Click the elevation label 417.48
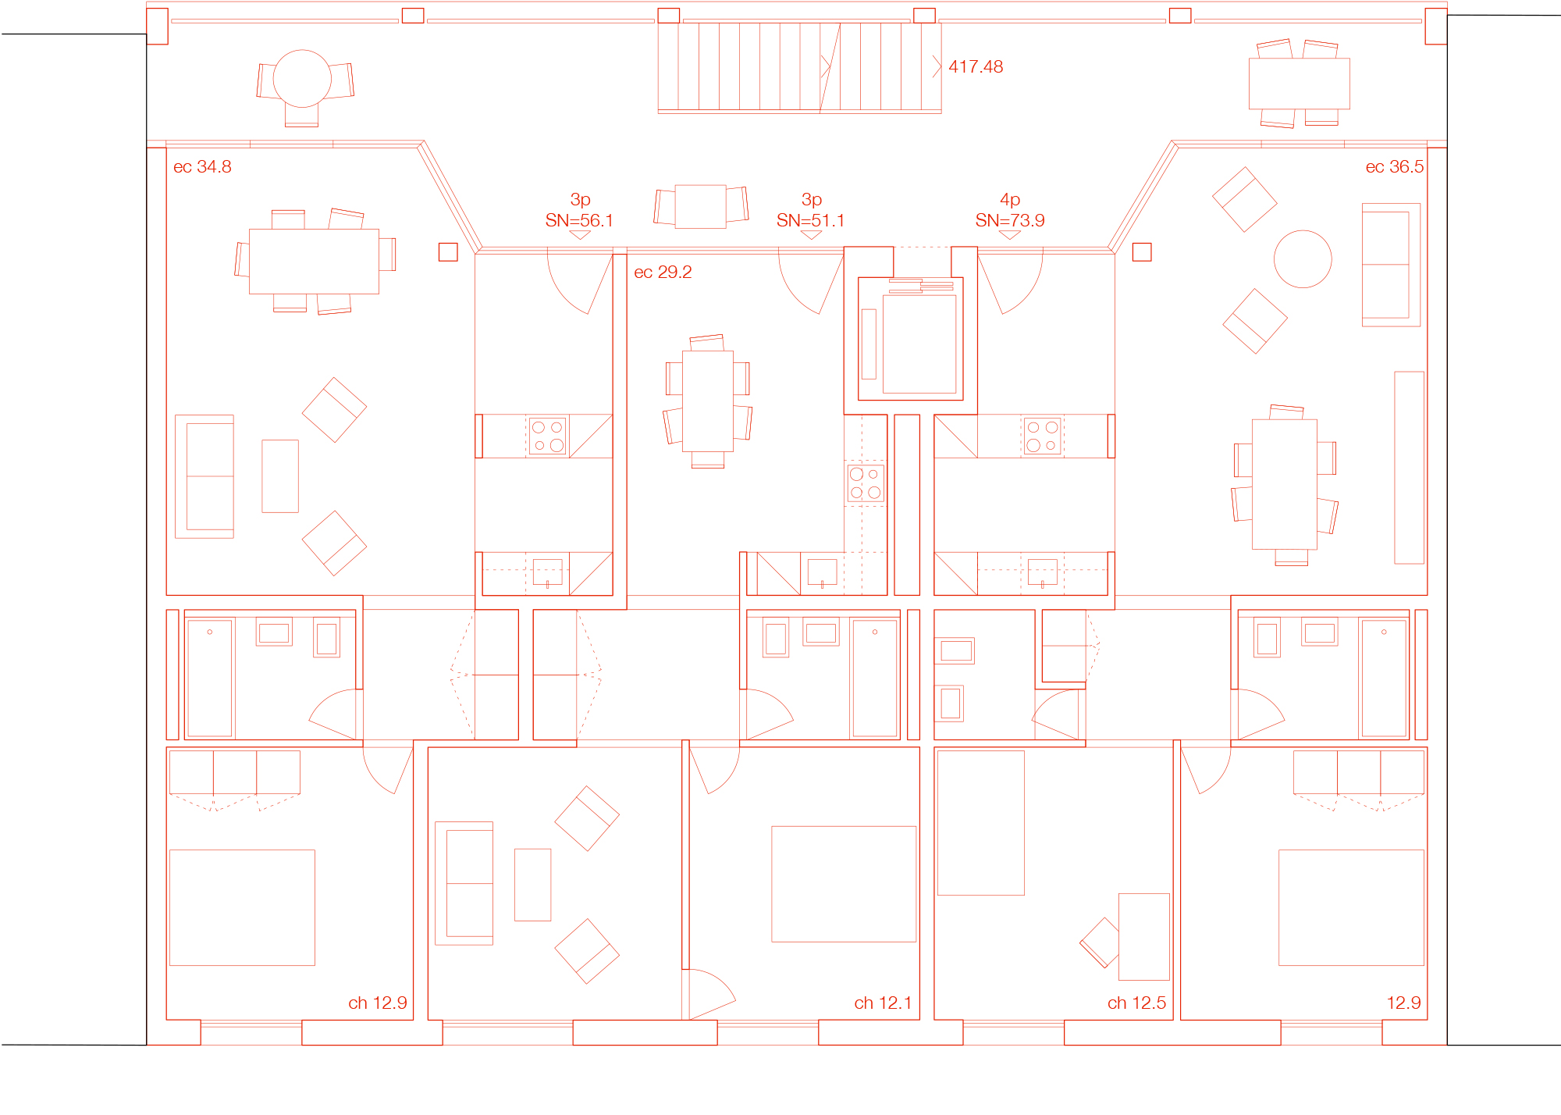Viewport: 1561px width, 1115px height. pyautogui.click(x=976, y=67)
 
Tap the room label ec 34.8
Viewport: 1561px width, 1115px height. pyautogui.click(x=202, y=167)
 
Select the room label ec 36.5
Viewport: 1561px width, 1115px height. pyautogui.click(x=1395, y=167)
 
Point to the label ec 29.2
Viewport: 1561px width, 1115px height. pyautogui.click(x=663, y=273)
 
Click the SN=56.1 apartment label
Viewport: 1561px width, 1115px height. pyautogui.click(x=579, y=221)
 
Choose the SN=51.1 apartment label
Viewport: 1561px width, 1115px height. pyautogui.click(x=811, y=221)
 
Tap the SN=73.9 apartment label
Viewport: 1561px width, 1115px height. pyautogui.click(x=1010, y=221)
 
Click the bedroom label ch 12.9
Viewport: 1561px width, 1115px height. pyautogui.click(x=378, y=1003)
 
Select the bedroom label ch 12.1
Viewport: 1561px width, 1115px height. pyautogui.click(x=883, y=1003)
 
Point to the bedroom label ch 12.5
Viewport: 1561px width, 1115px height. pyautogui.click(x=1136, y=1003)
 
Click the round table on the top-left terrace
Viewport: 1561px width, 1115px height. pyautogui.click(x=302, y=78)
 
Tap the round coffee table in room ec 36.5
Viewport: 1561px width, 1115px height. pyautogui.click(x=1303, y=259)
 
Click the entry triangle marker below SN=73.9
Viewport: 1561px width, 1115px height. pyautogui.click(x=1010, y=235)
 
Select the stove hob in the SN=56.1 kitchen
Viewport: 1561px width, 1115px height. pyautogui.click(x=548, y=436)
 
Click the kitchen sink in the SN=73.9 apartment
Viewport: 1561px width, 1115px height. pyautogui.click(x=1043, y=572)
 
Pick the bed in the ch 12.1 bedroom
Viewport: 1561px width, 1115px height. pyautogui.click(x=844, y=884)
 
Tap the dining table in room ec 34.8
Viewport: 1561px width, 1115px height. pyautogui.click(x=314, y=262)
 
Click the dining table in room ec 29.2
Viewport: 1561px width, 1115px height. pyautogui.click(x=708, y=401)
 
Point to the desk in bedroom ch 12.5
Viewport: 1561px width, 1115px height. pyautogui.click(x=1144, y=937)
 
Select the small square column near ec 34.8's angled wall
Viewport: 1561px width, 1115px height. pyautogui.click(x=448, y=252)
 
